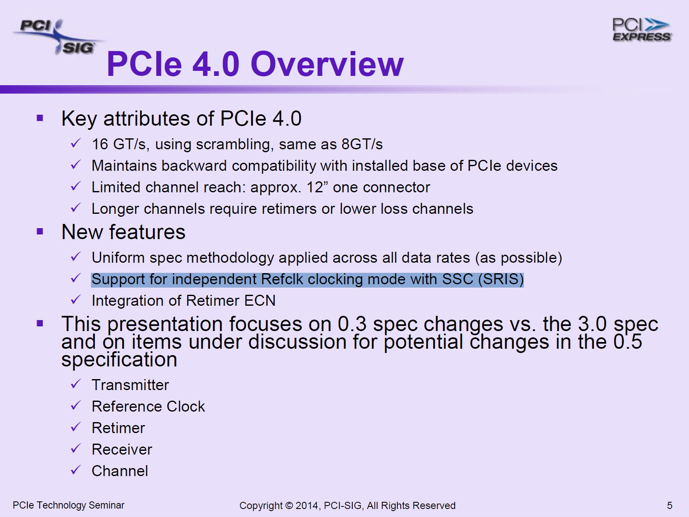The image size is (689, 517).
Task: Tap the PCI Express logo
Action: pyautogui.click(x=642, y=30)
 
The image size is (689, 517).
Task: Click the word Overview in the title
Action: pyautogui.click(x=327, y=64)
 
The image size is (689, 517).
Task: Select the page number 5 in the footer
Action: pyautogui.click(x=670, y=505)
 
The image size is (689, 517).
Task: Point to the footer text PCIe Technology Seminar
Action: pyautogui.click(x=68, y=505)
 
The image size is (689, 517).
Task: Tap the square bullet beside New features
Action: pyautogui.click(x=40, y=232)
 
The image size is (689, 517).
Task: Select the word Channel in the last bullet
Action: pyautogui.click(x=120, y=471)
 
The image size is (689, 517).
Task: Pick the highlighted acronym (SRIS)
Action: pyautogui.click(x=501, y=279)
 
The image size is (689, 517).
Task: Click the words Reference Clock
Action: pyautogui.click(x=148, y=407)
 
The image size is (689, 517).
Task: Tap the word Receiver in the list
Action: pyautogui.click(x=122, y=450)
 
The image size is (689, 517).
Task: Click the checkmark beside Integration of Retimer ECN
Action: pyautogui.click(x=76, y=299)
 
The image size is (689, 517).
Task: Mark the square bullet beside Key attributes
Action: pyautogui.click(x=40, y=118)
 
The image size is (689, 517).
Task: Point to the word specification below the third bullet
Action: pyautogui.click(x=119, y=360)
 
